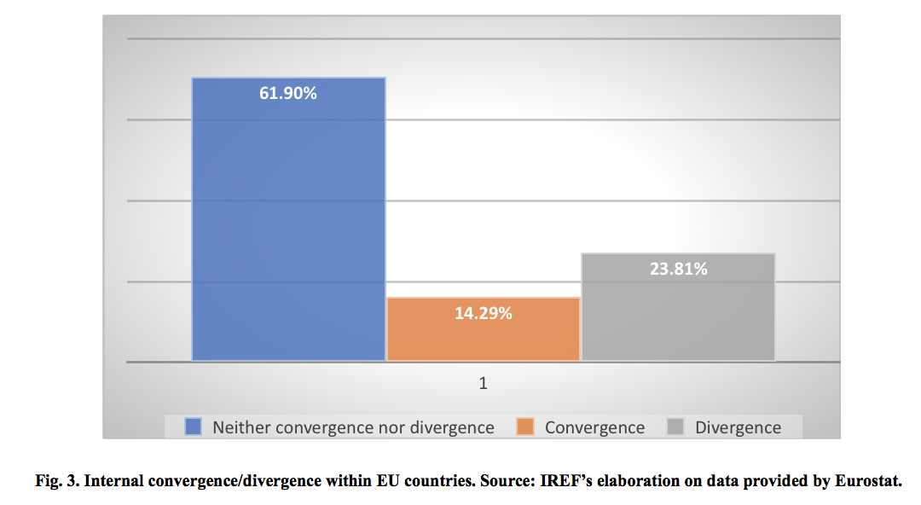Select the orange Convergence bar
[x=483, y=337]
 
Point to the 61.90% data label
[x=288, y=94]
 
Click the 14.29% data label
[x=483, y=313]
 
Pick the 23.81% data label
[x=678, y=270]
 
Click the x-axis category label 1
[x=484, y=384]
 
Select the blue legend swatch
[x=193, y=427]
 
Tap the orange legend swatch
[x=525, y=427]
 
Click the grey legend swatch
[x=675, y=427]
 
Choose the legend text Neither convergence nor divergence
[x=353, y=427]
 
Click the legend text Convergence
[x=594, y=427]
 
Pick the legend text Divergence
[x=738, y=427]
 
